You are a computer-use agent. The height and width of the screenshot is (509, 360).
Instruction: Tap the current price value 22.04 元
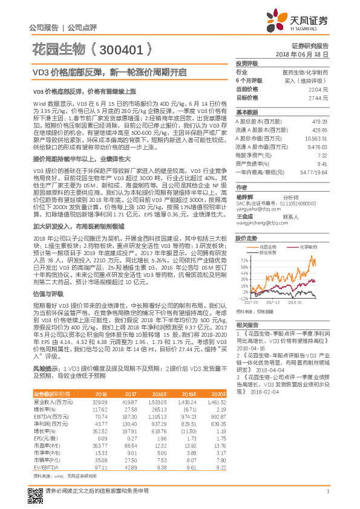click(x=319, y=89)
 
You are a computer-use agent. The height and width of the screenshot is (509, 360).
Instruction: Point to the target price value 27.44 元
click(x=319, y=97)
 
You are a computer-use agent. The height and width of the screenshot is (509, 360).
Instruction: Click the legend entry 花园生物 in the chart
click(x=269, y=247)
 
